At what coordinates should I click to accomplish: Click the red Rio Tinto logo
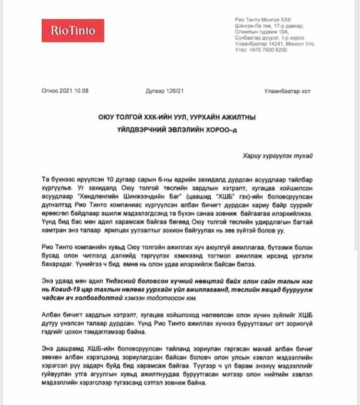click(x=72, y=31)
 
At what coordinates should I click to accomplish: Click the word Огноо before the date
click(x=50, y=91)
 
